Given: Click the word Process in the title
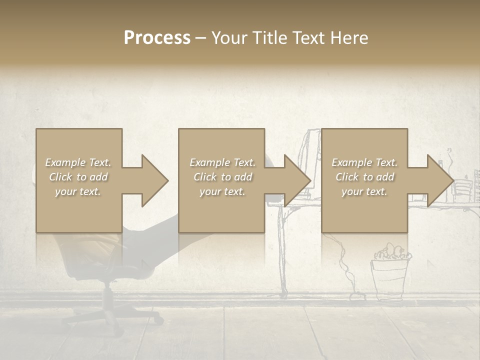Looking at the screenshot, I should pyautogui.click(x=157, y=38).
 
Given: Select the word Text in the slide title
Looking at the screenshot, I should pyautogui.click(x=306, y=38).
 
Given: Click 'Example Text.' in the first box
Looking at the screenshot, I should pyautogui.click(x=78, y=162).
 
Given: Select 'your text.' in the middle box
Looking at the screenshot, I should pyautogui.click(x=222, y=191).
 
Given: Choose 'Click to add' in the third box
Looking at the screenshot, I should pyautogui.click(x=364, y=177).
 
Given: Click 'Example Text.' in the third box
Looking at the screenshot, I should pyautogui.click(x=364, y=162).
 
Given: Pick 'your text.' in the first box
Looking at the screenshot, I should pyautogui.click(x=78, y=191).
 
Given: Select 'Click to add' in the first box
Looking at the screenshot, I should pyautogui.click(x=78, y=177).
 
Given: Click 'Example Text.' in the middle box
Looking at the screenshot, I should pyautogui.click(x=222, y=162).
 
